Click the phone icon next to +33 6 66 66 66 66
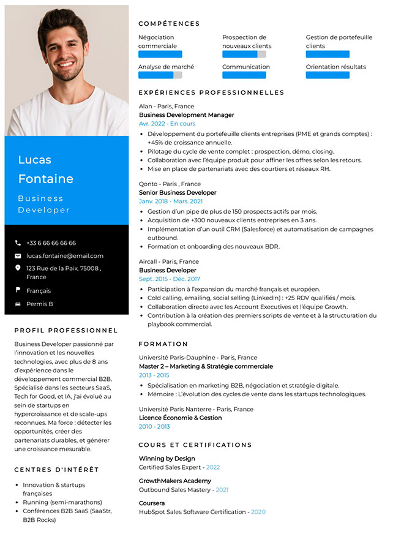pyautogui.click(x=18, y=243)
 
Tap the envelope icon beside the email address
pyautogui.click(x=18, y=256)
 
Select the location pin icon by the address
pyautogui.click(x=18, y=268)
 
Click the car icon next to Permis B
pyautogui.click(x=18, y=304)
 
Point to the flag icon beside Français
pyautogui.click(x=18, y=290)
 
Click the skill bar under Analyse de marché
pyautogui.click(x=160, y=75)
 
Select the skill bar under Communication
pyautogui.click(x=244, y=75)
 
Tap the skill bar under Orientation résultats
pyautogui.click(x=327, y=75)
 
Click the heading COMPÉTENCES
pyautogui.click(x=169, y=24)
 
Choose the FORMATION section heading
pyautogui.click(x=163, y=344)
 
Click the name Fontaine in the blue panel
pyautogui.click(x=45, y=179)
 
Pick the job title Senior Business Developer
pyautogui.click(x=178, y=192)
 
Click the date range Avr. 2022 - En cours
pyautogui.click(x=167, y=124)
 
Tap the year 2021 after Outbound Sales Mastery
pyautogui.click(x=222, y=490)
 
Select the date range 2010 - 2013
pyautogui.click(x=154, y=427)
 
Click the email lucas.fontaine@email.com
pyautogui.click(x=65, y=256)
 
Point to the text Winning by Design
pyautogui.click(x=167, y=459)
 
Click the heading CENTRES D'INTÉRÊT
pyautogui.click(x=56, y=470)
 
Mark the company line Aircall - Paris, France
pyautogui.click(x=168, y=261)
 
